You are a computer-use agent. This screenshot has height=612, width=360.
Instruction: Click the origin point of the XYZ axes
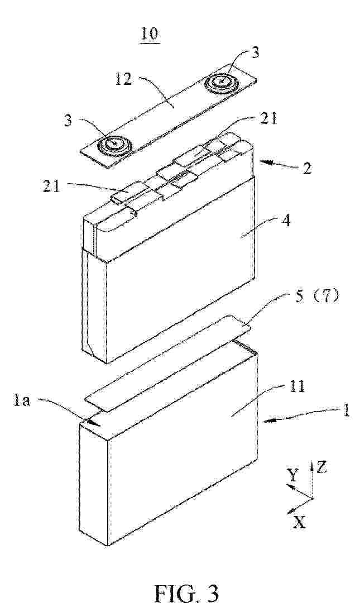(313, 498)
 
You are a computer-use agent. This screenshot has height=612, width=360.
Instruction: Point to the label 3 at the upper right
(255, 54)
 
